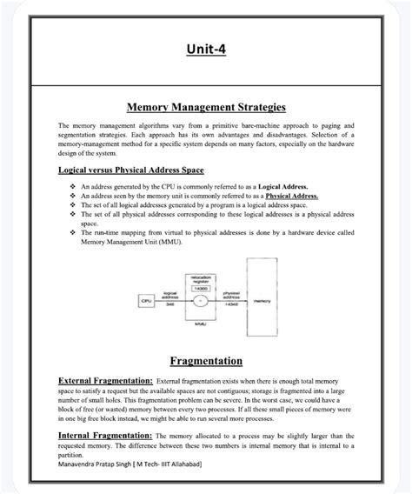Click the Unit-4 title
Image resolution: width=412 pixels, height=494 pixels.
tap(206, 50)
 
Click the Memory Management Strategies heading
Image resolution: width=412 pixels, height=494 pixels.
tap(206, 108)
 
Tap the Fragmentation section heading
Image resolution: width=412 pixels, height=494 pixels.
tap(206, 360)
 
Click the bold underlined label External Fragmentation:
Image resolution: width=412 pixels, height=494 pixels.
tap(105, 381)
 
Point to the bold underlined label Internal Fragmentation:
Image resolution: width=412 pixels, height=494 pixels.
tap(104, 434)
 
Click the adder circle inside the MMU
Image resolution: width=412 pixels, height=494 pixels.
tap(201, 300)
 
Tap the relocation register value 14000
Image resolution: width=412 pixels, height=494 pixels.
tap(200, 286)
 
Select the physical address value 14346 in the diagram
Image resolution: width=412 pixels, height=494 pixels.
tap(231, 305)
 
